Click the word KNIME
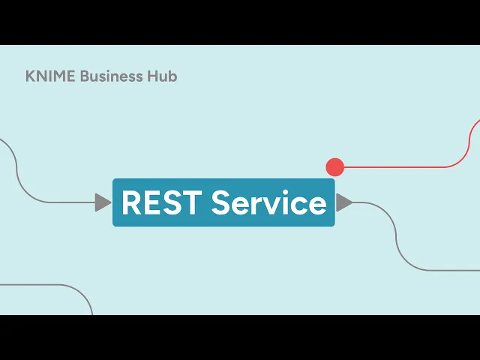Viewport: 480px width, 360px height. point(50,76)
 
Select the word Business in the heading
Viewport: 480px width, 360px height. point(112,76)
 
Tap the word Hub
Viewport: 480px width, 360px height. point(162,76)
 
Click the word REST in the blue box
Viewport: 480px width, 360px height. point(162,202)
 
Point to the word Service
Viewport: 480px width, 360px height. point(269,202)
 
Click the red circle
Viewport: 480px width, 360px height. point(335,167)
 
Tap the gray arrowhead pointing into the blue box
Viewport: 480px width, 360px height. point(103,202)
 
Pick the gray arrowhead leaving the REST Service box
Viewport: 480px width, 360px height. point(344,202)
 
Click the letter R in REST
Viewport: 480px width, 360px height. point(132,202)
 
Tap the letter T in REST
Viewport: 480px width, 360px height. point(191,202)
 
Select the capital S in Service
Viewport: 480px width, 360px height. point(221,202)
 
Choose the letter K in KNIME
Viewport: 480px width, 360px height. point(30,76)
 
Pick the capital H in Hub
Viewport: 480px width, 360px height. point(152,76)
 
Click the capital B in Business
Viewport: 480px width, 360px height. point(85,76)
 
